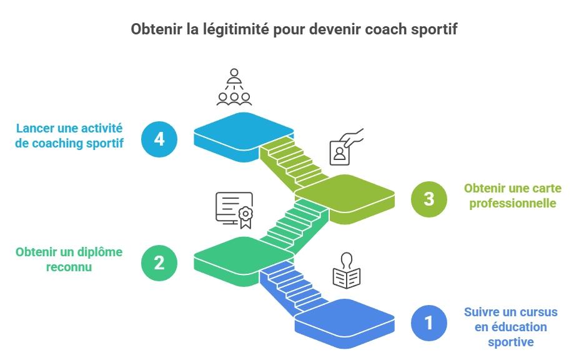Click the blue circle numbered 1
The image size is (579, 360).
429,323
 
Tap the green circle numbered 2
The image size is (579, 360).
159,262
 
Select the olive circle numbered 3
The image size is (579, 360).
429,199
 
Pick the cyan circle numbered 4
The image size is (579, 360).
159,137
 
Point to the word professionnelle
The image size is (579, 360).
510,203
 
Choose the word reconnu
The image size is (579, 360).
69,267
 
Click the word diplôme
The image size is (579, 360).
99,252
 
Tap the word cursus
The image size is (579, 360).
537,312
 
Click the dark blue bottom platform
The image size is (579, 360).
345,318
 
